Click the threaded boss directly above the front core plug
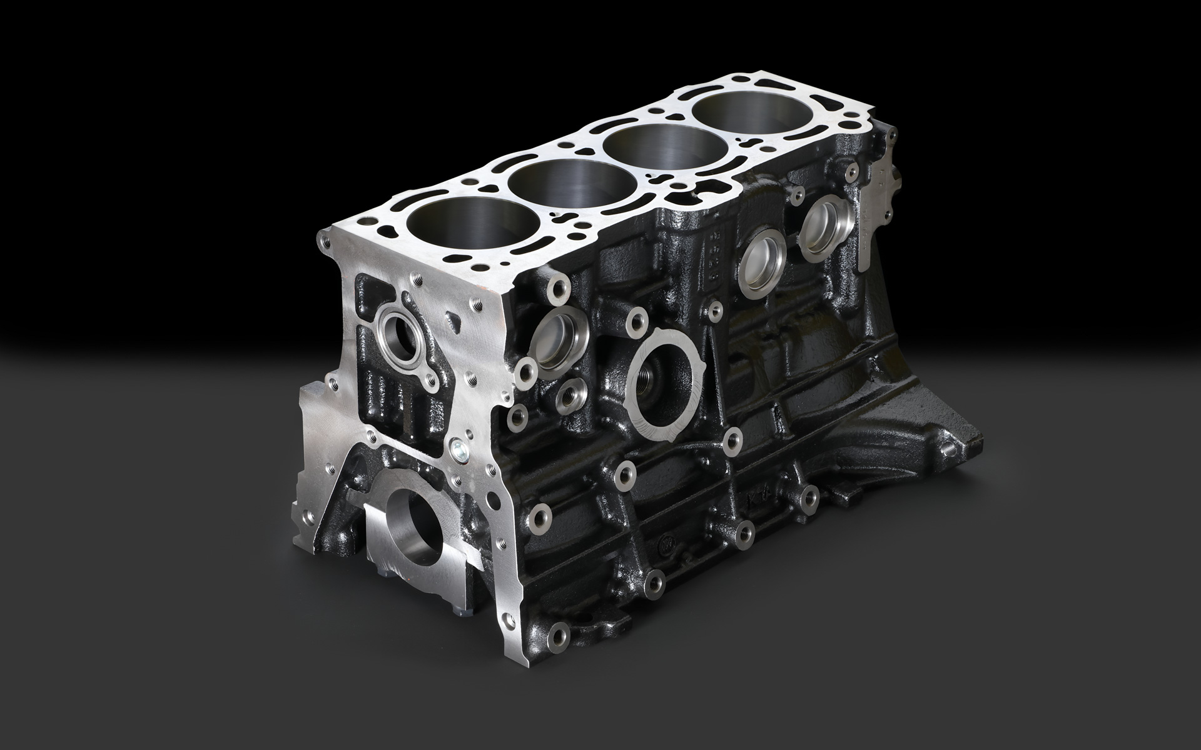555,287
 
